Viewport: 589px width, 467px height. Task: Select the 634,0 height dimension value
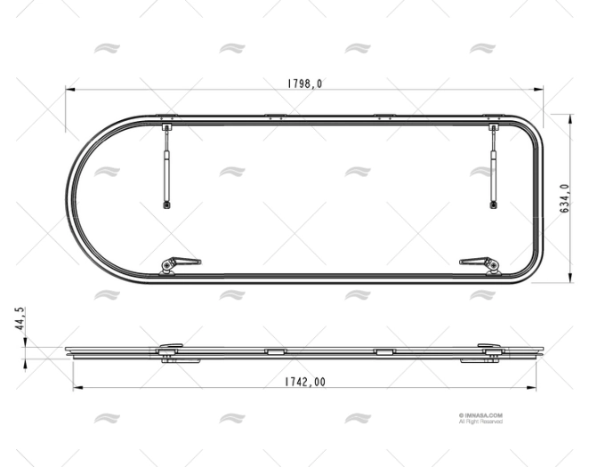[564, 198]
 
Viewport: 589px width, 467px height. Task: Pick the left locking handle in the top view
[179, 263]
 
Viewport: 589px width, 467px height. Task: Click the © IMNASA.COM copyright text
[481, 414]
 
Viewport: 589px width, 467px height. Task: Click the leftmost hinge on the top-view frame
[165, 117]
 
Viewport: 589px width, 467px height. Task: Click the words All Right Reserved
[481, 421]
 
